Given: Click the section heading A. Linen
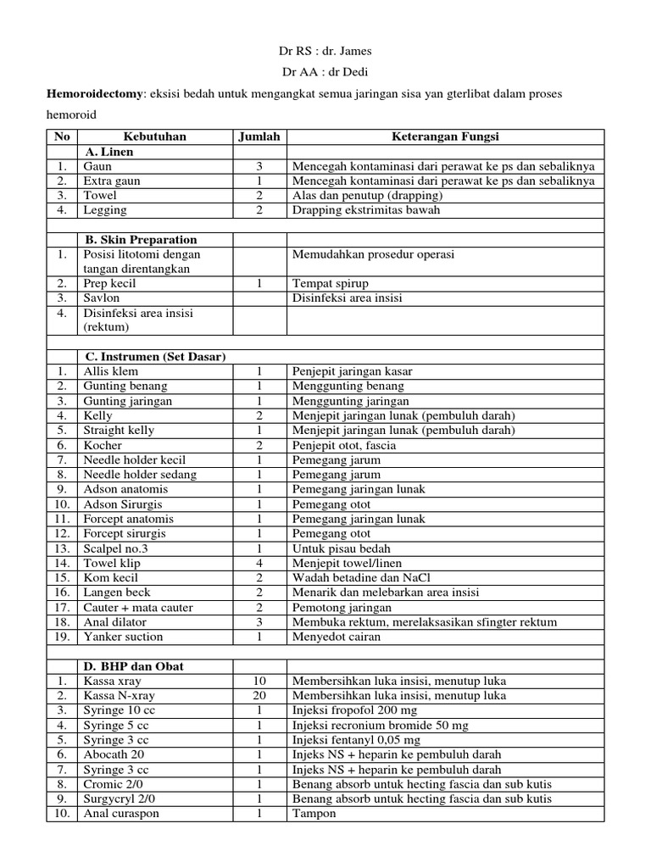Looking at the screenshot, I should (108, 152).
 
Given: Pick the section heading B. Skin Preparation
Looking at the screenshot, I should (140, 240).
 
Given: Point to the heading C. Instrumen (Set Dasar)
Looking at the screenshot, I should (154, 357).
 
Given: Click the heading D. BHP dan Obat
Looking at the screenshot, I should (134, 666).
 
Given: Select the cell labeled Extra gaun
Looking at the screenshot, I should (112, 181).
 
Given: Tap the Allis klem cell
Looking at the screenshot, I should (110, 371).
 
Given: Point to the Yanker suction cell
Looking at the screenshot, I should (123, 637).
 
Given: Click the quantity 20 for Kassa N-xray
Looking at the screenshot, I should (260, 696).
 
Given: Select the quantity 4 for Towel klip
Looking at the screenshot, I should (260, 563).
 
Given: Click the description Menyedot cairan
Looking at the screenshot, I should (337, 637).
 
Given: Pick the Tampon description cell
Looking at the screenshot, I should (314, 814).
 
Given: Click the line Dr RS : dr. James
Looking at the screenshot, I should (325, 52).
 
